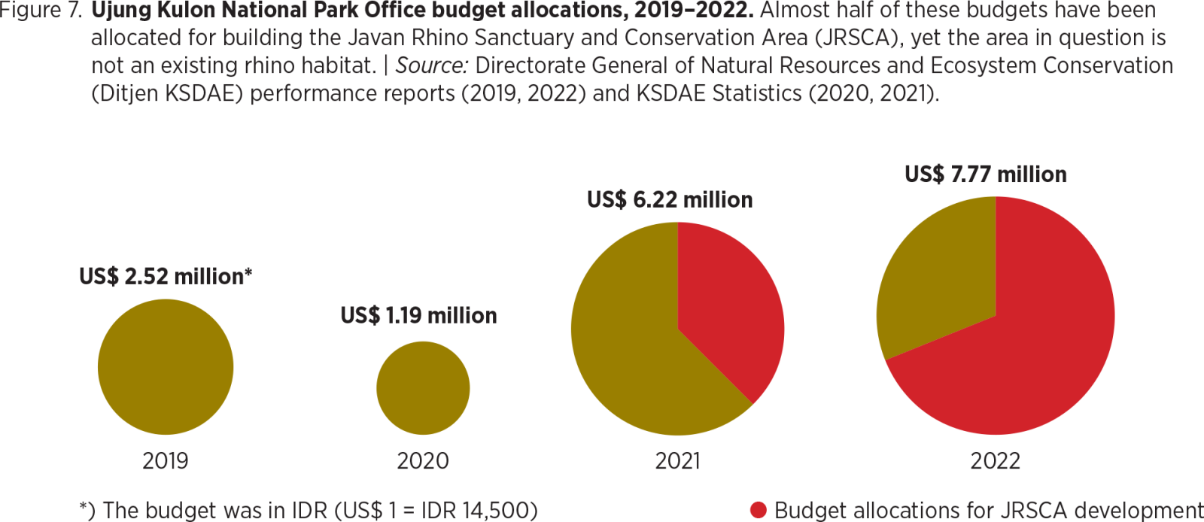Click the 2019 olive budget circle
(166, 366)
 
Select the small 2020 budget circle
(423, 388)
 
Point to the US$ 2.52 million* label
(166, 276)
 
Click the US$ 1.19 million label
(419, 315)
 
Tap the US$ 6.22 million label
(670, 199)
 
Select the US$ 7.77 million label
(986, 175)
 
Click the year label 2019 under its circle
(166, 460)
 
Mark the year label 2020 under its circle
(423, 460)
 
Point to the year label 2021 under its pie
(677, 460)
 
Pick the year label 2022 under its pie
(995, 460)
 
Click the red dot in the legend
(758, 510)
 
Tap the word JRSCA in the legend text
(1021, 510)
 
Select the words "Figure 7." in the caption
(41, 11)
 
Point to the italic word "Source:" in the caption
(432, 65)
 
